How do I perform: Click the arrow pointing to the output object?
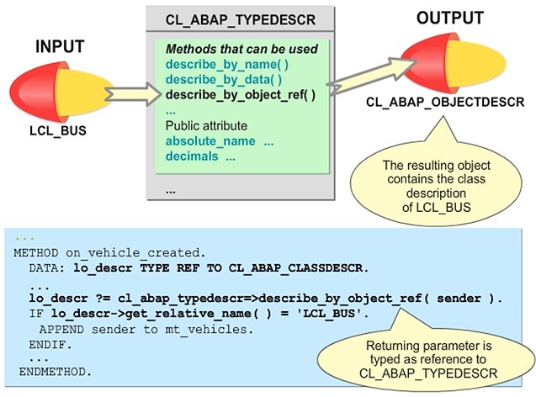[363, 78]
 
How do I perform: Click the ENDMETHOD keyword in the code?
[51, 369]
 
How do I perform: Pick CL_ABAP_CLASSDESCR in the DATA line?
[304, 268]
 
